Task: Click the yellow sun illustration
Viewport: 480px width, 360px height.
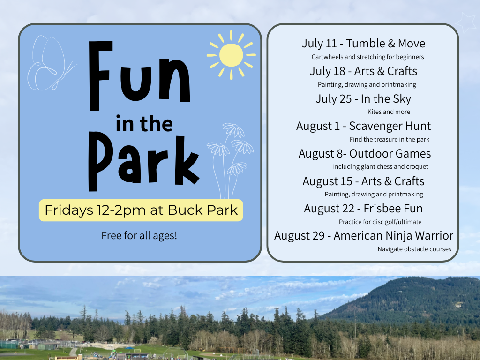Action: tap(231, 55)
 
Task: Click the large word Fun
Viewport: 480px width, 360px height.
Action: tap(140, 75)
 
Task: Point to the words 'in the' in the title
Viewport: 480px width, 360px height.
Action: tap(144, 124)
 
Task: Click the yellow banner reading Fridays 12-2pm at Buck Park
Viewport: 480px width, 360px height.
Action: tap(141, 210)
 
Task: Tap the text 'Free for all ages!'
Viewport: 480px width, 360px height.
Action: tap(139, 235)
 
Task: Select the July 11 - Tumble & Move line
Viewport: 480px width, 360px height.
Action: tap(363, 44)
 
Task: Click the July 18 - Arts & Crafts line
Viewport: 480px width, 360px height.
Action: tap(363, 71)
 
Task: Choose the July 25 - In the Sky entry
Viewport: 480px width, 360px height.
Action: tap(363, 98)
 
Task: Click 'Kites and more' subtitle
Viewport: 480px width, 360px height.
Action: tap(389, 112)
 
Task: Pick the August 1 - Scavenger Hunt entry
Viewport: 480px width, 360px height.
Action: tap(363, 126)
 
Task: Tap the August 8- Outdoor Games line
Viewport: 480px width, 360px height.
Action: tap(365, 153)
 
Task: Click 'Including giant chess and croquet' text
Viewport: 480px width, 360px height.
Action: tap(381, 166)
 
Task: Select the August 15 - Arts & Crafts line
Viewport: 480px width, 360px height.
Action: tap(363, 181)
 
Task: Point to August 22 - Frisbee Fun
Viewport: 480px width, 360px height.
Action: tap(363, 209)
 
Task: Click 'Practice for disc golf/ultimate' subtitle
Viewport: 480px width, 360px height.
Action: tap(380, 222)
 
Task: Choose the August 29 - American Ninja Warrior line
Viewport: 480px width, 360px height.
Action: tap(364, 236)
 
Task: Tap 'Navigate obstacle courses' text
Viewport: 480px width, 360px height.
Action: tap(414, 249)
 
